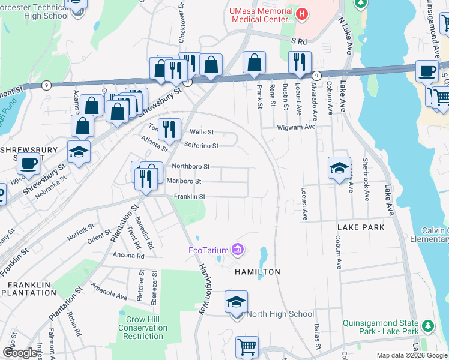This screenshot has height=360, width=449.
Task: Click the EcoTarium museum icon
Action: click(238, 249)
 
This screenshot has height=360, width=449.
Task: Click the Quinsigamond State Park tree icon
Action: click(427, 326)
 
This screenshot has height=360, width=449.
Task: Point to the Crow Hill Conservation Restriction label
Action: click(143, 328)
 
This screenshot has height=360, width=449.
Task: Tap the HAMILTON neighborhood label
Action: click(257, 272)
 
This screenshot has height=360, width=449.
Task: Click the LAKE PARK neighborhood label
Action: click(361, 228)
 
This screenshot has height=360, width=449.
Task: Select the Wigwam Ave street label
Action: click(296, 127)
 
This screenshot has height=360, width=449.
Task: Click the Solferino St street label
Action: click(201, 145)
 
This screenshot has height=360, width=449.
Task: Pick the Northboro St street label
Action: click(190, 166)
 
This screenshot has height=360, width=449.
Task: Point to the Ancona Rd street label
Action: click(128, 255)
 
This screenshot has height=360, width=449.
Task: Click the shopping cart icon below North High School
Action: click(247, 347)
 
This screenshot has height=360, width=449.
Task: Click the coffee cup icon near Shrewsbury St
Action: click(28, 163)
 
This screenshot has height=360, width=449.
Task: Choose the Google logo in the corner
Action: click(20, 353)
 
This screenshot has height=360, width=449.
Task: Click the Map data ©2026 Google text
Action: click(411, 355)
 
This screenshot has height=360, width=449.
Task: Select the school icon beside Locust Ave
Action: click(339, 168)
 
